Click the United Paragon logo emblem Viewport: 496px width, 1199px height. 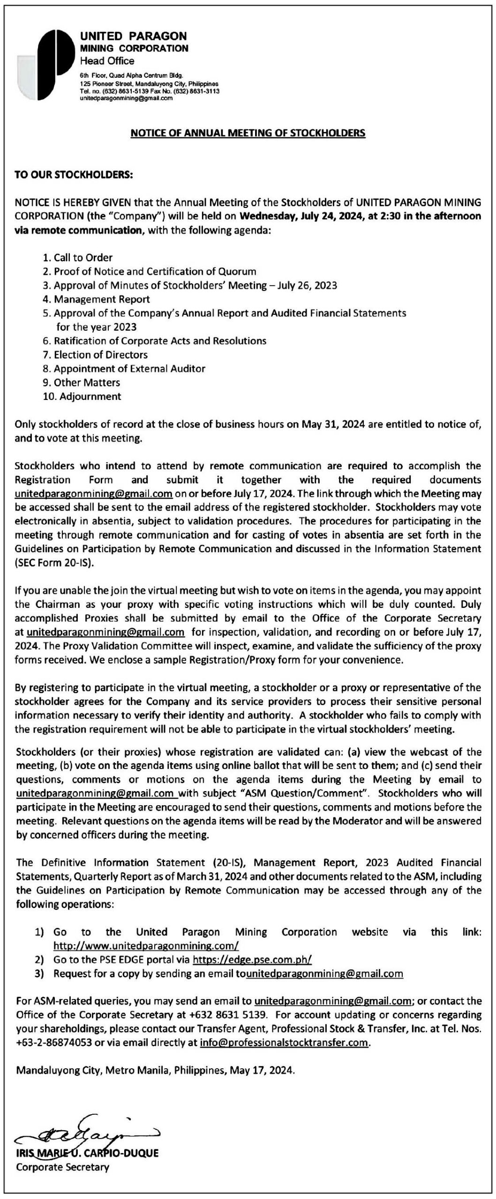(45, 65)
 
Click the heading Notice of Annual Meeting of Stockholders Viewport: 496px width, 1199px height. (247, 133)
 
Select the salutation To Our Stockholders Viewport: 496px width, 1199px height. (75, 175)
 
